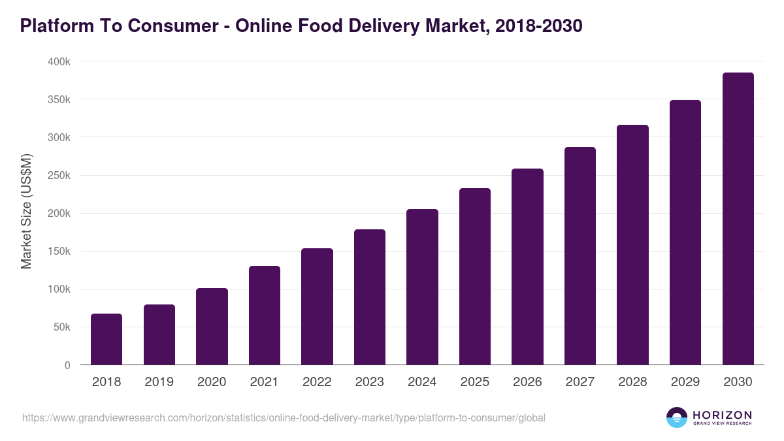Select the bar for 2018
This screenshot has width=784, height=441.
pos(106,339)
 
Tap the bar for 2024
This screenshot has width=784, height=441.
pos(422,287)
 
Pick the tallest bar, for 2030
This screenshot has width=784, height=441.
pos(738,219)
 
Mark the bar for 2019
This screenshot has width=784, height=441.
pos(159,335)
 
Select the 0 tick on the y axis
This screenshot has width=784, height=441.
pos(67,365)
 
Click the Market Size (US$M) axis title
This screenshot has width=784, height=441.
pos(26,211)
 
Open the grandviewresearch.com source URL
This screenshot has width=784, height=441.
pos(284,417)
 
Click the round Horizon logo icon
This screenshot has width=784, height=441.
pos(677,417)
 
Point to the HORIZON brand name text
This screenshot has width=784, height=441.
pos(722,415)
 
